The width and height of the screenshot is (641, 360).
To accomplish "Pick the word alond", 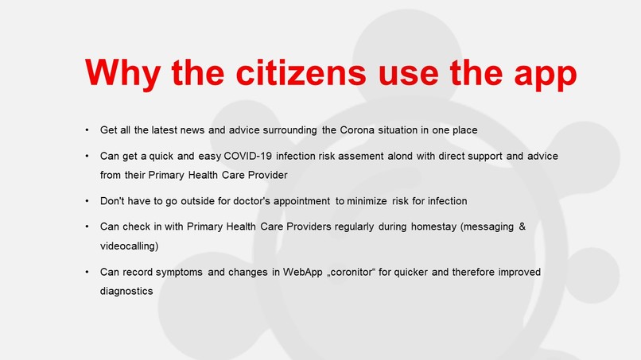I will pos(405,156).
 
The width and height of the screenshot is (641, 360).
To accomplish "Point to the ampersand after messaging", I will pos(522,227).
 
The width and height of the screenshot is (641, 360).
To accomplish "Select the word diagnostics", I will pos(126,291).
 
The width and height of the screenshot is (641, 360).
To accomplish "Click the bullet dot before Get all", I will pos(87,130).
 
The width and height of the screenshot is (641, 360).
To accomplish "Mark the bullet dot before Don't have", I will pos(87,200).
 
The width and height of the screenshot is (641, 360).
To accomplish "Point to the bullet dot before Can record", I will pos(87,273).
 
